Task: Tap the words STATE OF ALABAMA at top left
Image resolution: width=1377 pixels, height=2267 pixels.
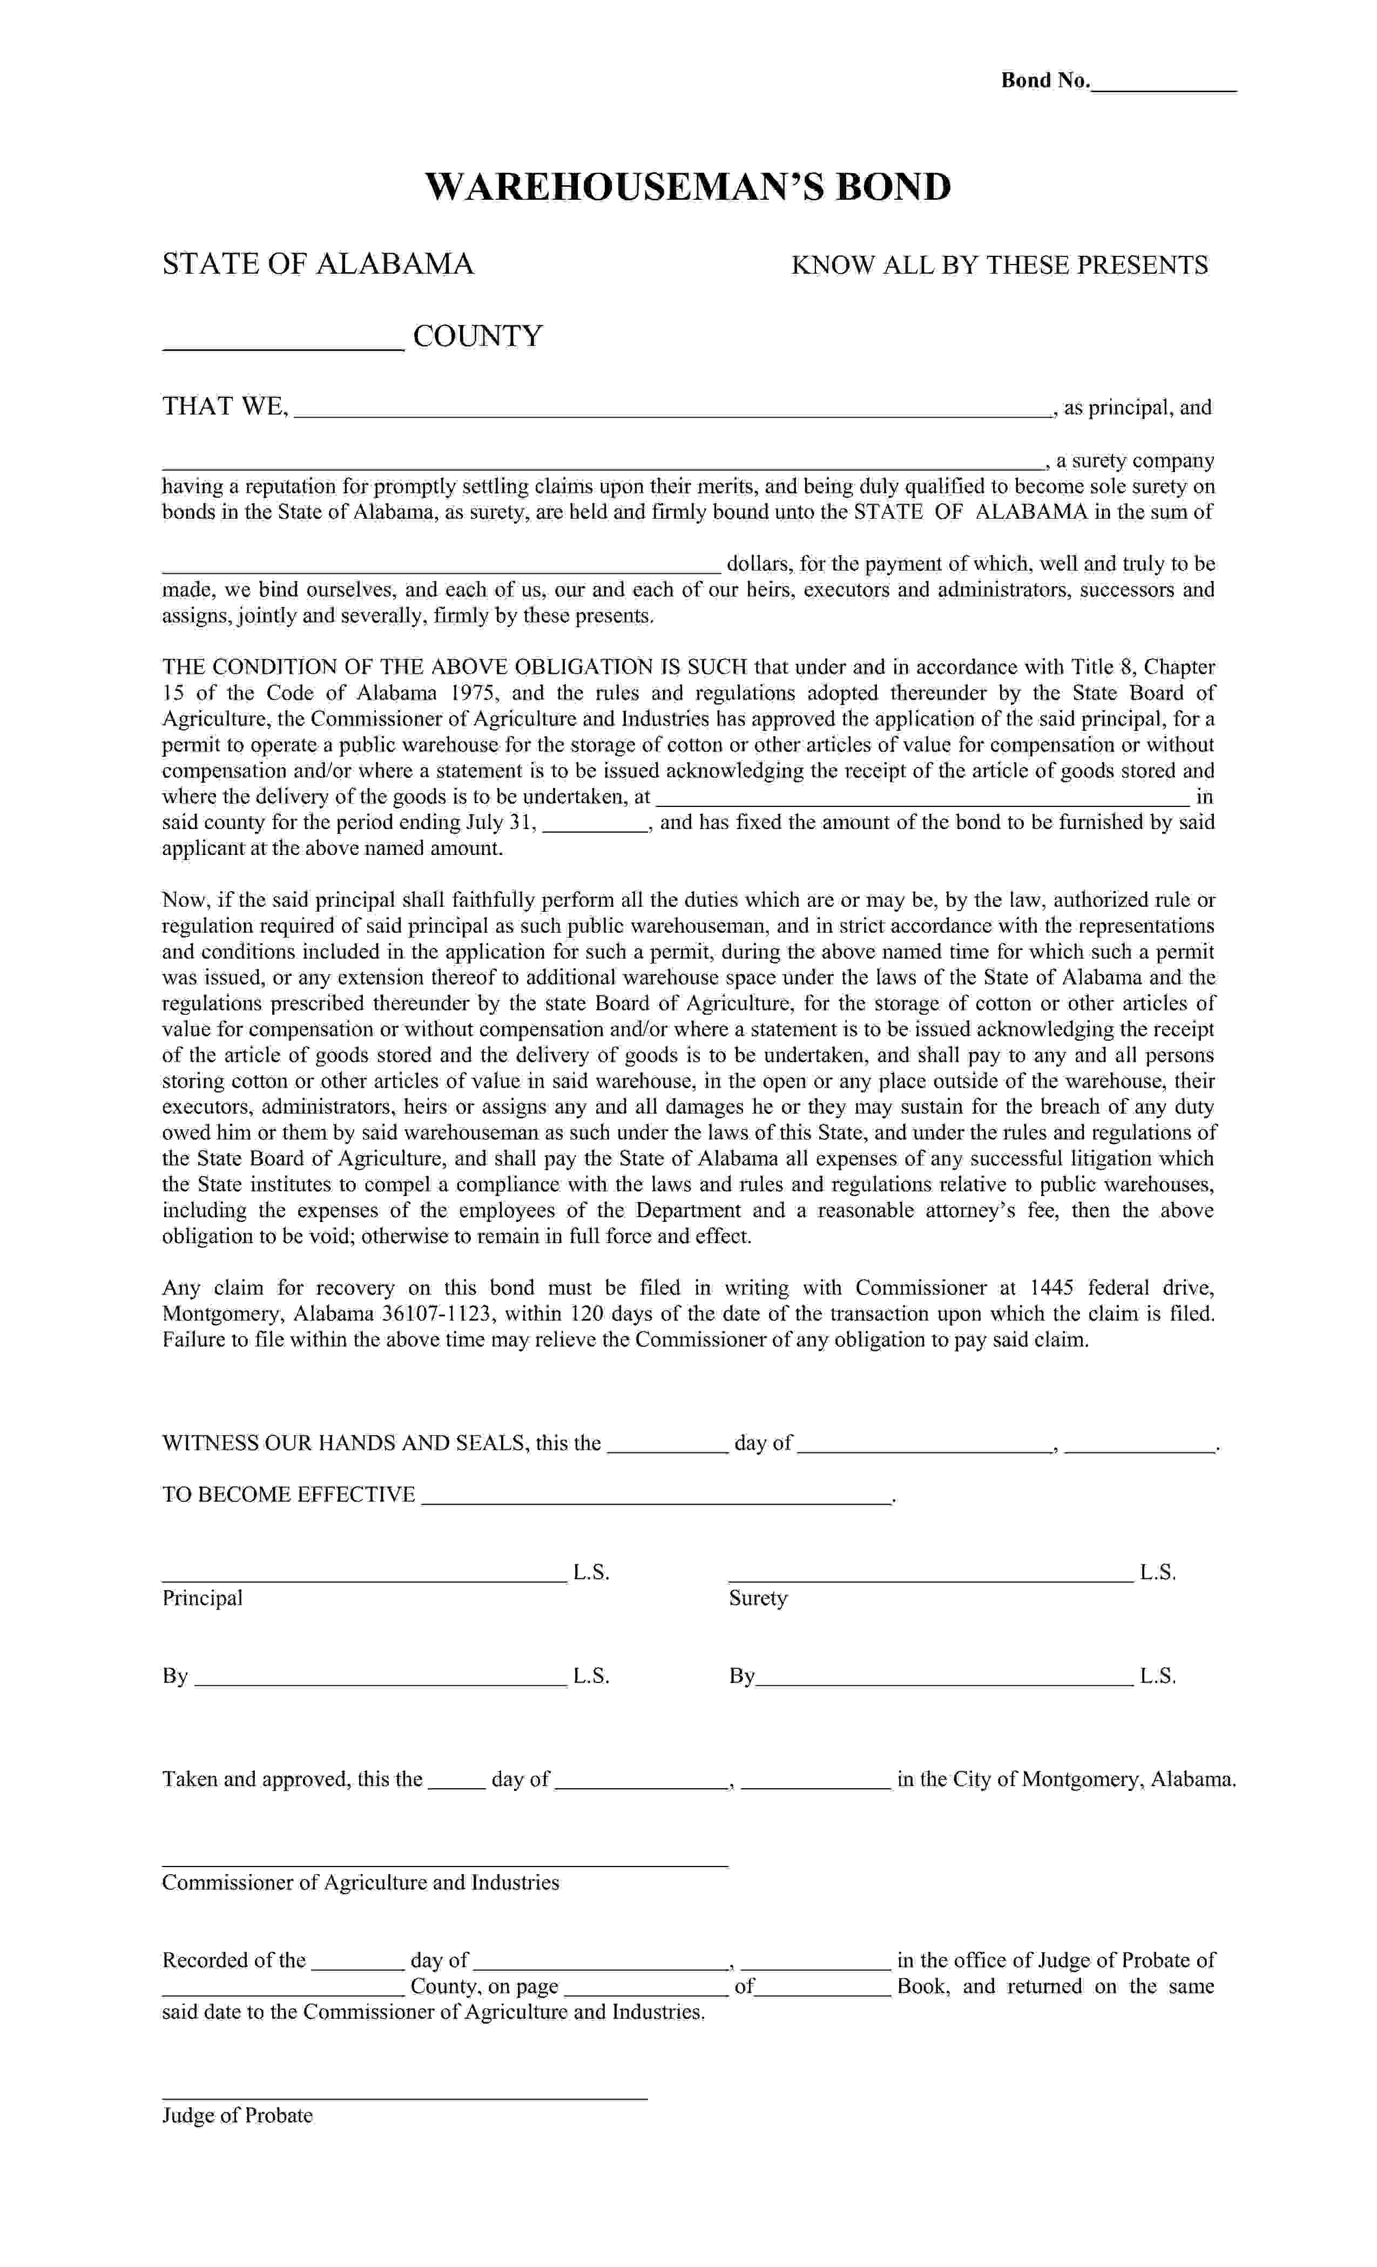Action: [318, 264]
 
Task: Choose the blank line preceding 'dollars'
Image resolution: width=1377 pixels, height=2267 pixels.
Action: [442, 568]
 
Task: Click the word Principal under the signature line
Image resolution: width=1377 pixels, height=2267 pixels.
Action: [202, 1598]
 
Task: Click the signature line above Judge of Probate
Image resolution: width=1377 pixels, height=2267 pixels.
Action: [405, 2097]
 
